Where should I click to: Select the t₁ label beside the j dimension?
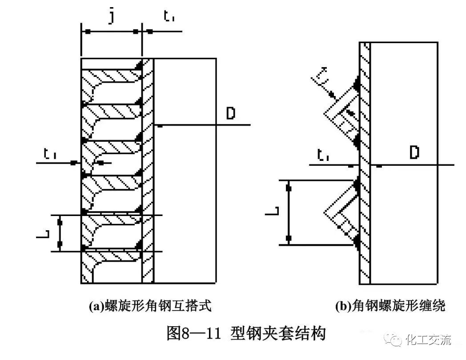169,18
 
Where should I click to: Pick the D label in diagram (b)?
414,153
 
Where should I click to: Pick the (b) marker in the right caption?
343,306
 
